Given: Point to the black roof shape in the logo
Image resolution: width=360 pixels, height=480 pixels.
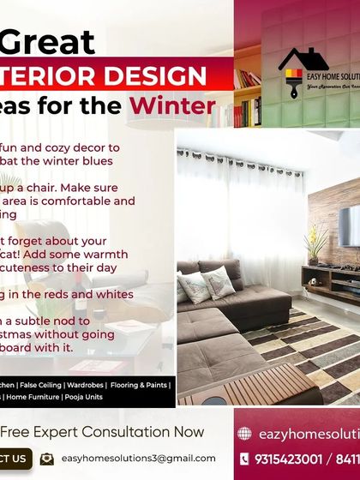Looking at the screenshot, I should click(x=303, y=59).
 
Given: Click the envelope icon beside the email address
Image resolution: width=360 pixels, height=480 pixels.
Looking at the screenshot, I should click(x=47, y=459).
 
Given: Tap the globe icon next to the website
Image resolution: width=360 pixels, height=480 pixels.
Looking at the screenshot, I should click(x=244, y=434).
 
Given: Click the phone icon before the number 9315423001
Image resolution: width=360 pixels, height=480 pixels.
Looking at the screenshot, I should click(x=244, y=459).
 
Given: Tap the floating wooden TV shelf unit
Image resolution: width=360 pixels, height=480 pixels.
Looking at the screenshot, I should click(x=330, y=273).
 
